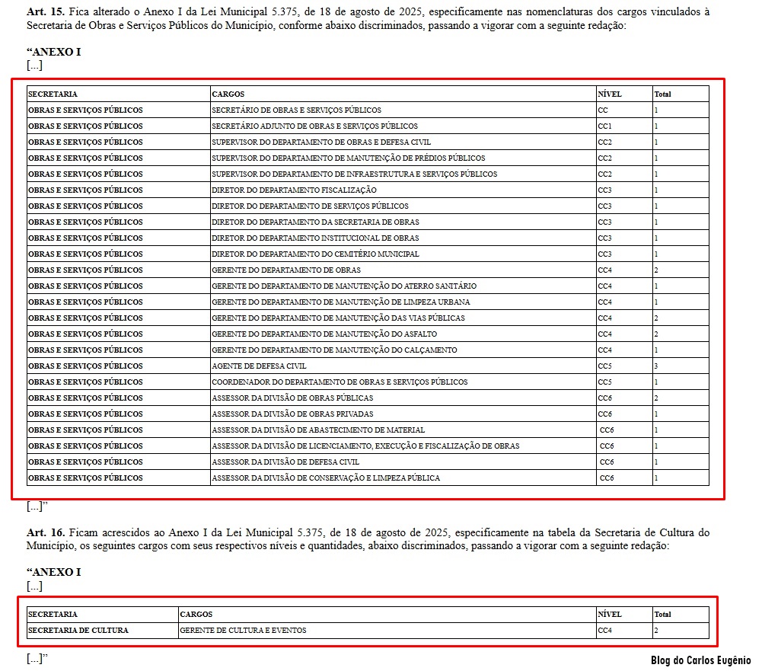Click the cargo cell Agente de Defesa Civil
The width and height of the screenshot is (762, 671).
(x=259, y=366)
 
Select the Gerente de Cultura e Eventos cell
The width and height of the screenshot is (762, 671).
(x=243, y=631)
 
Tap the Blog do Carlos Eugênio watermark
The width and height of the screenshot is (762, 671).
(x=700, y=660)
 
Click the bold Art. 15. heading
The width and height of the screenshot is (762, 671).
(x=46, y=12)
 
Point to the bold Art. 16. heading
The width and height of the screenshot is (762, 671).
(x=46, y=532)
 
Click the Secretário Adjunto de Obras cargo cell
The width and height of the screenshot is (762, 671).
(x=314, y=126)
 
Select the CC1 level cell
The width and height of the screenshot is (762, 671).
(x=605, y=126)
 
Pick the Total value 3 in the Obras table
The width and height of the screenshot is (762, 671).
(x=656, y=366)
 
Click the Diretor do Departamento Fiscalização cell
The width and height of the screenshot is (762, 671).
(x=294, y=190)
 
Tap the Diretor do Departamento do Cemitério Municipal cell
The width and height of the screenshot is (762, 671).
(x=315, y=254)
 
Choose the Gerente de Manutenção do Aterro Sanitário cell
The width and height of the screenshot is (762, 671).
(x=344, y=286)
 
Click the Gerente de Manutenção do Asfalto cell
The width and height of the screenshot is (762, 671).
(x=324, y=334)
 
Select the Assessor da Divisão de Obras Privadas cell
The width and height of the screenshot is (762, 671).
(x=292, y=414)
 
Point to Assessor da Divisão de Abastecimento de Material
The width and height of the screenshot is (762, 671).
(x=318, y=430)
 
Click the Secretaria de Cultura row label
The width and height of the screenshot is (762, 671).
(x=78, y=631)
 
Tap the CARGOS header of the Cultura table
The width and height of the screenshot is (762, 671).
(x=196, y=615)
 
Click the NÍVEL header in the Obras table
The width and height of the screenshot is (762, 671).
(x=610, y=94)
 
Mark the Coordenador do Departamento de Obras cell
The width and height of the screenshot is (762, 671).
(x=340, y=382)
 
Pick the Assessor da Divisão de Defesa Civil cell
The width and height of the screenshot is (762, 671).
(x=285, y=462)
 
